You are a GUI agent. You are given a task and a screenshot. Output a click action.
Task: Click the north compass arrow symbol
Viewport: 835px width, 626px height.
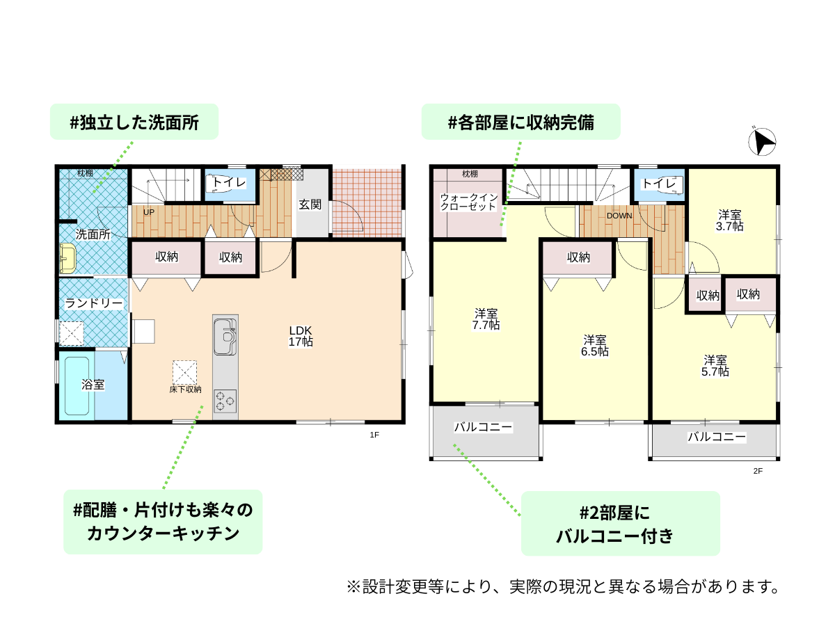click(761, 142)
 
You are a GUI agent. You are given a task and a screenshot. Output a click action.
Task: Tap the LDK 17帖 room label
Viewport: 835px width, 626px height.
click(300, 336)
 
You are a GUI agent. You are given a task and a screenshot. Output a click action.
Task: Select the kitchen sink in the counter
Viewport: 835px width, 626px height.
click(225, 337)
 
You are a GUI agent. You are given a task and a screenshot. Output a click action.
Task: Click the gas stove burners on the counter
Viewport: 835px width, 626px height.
click(225, 401)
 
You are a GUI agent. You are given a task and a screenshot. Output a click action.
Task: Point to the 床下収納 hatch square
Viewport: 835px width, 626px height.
click(184, 372)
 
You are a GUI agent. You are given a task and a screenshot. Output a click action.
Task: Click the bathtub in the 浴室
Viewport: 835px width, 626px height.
click(77, 386)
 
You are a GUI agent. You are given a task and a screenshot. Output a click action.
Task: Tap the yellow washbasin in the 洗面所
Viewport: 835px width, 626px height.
click(67, 259)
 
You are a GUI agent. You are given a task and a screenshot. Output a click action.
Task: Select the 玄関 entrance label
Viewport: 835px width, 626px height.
click(310, 204)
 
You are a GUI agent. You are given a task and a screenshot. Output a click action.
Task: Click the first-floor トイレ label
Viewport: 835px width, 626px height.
click(229, 182)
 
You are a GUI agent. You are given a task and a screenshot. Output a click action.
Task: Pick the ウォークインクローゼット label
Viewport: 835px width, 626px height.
click(468, 202)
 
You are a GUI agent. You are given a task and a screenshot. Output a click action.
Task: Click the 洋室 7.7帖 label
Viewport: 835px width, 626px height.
click(486, 319)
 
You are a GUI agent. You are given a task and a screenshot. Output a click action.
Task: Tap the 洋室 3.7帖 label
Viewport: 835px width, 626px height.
click(729, 220)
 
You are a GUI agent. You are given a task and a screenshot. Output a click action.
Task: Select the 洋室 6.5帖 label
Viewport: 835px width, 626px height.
click(594, 346)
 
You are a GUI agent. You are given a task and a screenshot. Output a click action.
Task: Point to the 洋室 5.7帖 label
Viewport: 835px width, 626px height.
click(715, 366)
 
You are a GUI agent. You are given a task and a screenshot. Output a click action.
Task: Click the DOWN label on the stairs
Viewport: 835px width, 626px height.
click(619, 216)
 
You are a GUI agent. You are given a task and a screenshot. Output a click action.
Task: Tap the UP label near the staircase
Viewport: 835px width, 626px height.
click(149, 212)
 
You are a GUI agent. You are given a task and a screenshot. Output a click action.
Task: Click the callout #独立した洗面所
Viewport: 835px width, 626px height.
click(134, 122)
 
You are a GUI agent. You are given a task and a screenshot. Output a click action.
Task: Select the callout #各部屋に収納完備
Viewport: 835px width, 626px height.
click(520, 122)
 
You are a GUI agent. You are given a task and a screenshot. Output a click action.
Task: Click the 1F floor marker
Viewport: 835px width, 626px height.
click(374, 435)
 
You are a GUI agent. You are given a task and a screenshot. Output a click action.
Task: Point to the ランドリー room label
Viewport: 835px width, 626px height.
click(94, 303)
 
